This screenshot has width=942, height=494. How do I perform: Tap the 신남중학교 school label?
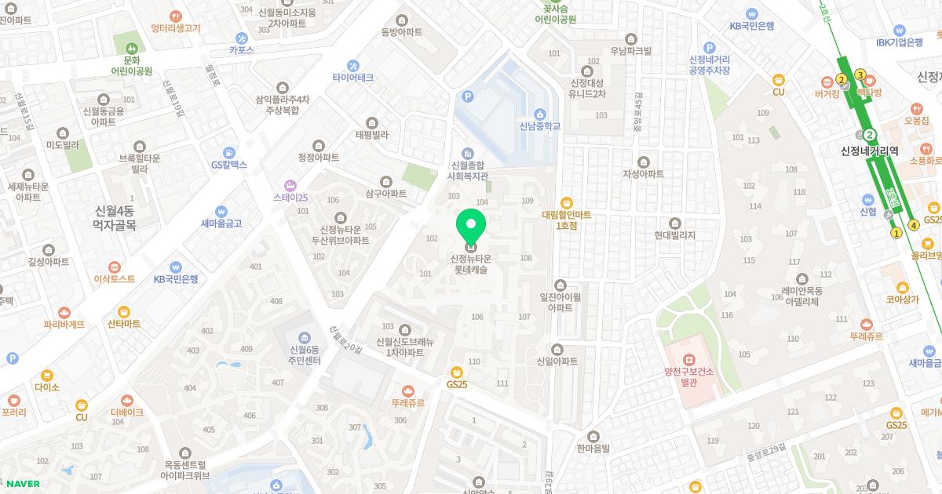[539, 125]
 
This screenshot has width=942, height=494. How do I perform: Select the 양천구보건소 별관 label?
[689, 378]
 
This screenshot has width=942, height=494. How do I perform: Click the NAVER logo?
[24, 483]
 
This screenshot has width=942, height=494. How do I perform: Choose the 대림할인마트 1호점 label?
[566, 219]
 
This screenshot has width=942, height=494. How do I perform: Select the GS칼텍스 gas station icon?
[228, 152]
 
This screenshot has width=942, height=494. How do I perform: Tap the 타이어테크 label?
[352, 78]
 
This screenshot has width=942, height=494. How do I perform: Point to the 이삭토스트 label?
[115, 278]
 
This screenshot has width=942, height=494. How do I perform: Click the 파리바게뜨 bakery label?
[64, 323]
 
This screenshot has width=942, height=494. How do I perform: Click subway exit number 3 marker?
[860, 75]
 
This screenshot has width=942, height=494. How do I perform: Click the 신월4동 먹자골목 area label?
[115, 217]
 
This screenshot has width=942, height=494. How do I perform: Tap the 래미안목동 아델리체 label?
[800, 296]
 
